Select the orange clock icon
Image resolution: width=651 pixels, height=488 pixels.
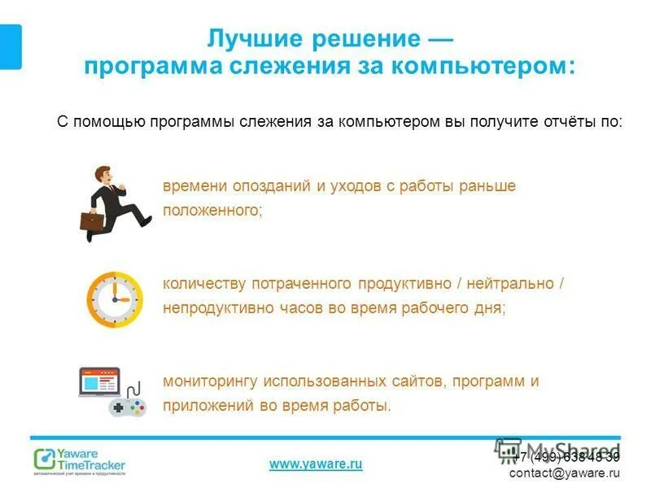click(115, 298)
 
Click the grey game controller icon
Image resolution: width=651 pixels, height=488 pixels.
click(129, 407)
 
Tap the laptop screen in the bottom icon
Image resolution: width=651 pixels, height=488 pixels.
click(98, 382)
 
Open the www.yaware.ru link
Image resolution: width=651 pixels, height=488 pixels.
click(316, 464)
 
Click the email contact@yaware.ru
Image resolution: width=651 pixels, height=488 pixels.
click(565, 473)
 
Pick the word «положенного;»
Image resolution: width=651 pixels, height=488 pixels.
click(213, 210)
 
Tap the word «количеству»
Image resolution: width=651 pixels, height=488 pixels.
click(206, 284)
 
